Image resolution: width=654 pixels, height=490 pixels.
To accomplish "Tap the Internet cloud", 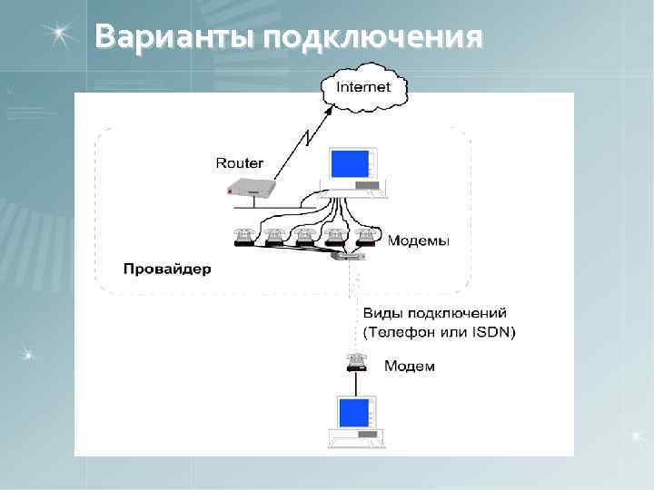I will (x=363, y=88).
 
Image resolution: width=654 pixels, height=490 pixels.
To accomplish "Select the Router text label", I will (x=239, y=163).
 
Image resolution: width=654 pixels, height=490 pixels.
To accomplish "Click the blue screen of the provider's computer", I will (x=350, y=163).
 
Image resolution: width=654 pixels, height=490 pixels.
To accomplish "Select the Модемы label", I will (x=418, y=241).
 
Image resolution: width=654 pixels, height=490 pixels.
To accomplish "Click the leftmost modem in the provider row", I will (x=243, y=237).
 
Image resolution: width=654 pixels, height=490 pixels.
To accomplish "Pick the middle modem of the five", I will (x=304, y=237).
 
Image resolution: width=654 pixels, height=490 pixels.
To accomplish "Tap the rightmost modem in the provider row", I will (x=365, y=237).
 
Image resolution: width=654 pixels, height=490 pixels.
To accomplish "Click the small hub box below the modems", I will (x=349, y=257).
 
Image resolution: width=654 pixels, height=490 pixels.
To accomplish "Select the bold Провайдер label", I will (x=167, y=269).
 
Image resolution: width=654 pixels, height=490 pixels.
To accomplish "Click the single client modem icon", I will (x=355, y=362).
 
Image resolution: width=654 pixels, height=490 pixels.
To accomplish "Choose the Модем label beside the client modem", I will (x=409, y=367).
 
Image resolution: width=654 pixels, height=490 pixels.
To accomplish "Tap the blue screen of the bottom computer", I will (x=353, y=413).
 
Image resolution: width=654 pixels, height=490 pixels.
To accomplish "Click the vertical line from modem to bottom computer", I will (x=354, y=383).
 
